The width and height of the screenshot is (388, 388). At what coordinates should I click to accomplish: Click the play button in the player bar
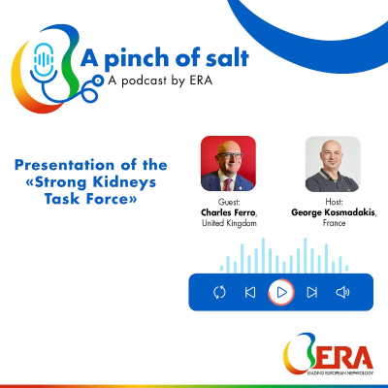(x=281, y=292)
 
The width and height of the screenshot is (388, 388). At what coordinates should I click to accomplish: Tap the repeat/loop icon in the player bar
(x=220, y=292)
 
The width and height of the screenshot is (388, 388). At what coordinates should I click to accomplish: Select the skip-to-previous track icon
(x=250, y=292)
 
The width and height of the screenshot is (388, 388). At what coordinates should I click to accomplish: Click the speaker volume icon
(x=342, y=292)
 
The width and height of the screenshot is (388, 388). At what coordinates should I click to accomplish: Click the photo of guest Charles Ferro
(x=227, y=164)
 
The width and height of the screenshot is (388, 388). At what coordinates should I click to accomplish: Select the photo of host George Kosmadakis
(x=333, y=164)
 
